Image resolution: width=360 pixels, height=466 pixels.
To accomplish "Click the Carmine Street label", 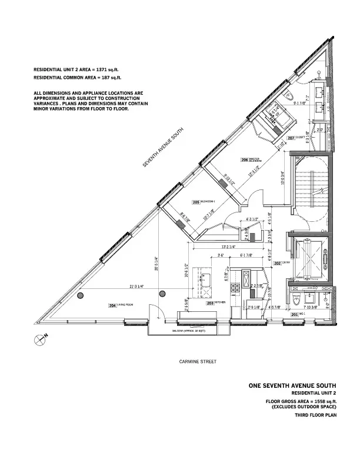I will pos(197,362).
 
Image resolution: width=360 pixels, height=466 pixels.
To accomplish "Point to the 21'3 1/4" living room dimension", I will pos(136,287).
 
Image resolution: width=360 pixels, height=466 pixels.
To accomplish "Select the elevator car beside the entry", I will pos(306,257).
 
